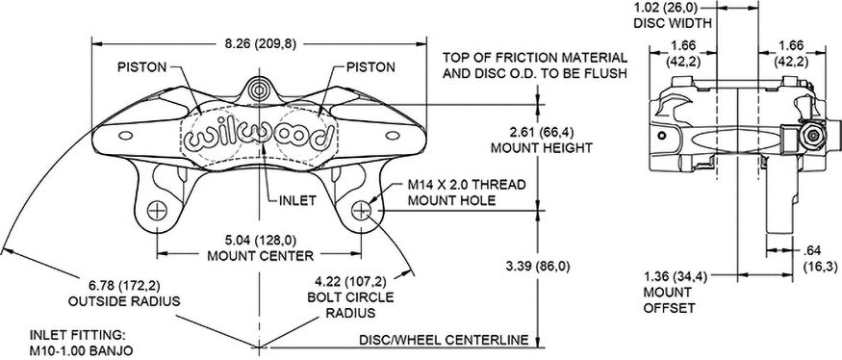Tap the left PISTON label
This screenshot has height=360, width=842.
tap(142, 67)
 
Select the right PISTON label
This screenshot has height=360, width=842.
tap(370, 67)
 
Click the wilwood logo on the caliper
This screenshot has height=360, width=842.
tap(257, 137)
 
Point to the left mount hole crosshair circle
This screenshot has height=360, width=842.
tap(157, 210)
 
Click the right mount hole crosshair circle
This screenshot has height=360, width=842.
tap(362, 210)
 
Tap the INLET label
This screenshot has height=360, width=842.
tap(296, 201)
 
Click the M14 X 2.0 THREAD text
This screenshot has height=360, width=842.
tap(467, 186)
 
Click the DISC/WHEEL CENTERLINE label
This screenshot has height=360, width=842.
tap(444, 340)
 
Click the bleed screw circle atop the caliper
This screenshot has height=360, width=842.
tap(261, 89)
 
